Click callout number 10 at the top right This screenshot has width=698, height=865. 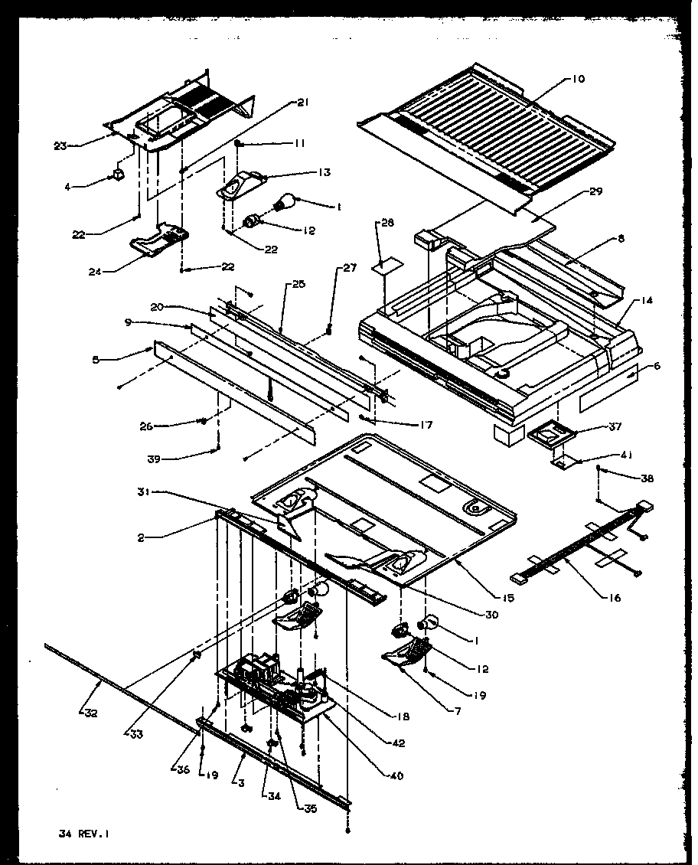click(x=577, y=79)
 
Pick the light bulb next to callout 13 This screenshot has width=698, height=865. click(x=284, y=201)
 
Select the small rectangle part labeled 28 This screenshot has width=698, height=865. click(x=389, y=266)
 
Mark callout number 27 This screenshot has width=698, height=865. click(x=350, y=268)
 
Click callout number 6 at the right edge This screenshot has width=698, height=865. click(x=656, y=366)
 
